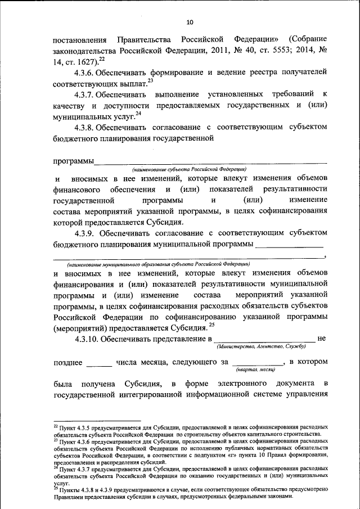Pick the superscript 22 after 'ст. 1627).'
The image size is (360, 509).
click(x=101, y=59)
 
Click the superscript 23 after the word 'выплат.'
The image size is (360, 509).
click(x=150, y=80)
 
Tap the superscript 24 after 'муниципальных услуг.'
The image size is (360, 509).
click(x=138, y=114)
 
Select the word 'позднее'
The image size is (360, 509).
click(x=68, y=363)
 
